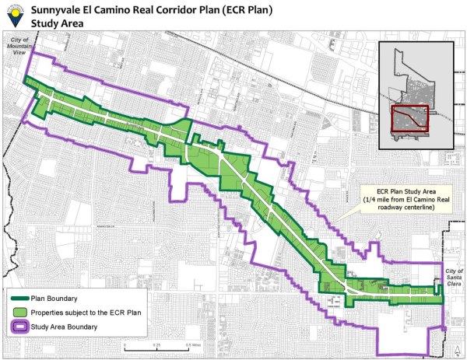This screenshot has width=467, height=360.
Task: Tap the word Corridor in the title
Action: [x=198, y=9]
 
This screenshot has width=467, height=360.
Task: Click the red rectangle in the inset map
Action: [x=409, y=121]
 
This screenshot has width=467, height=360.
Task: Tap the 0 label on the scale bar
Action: [x=125, y=345]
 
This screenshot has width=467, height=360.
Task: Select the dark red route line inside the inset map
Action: [x=409, y=118]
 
